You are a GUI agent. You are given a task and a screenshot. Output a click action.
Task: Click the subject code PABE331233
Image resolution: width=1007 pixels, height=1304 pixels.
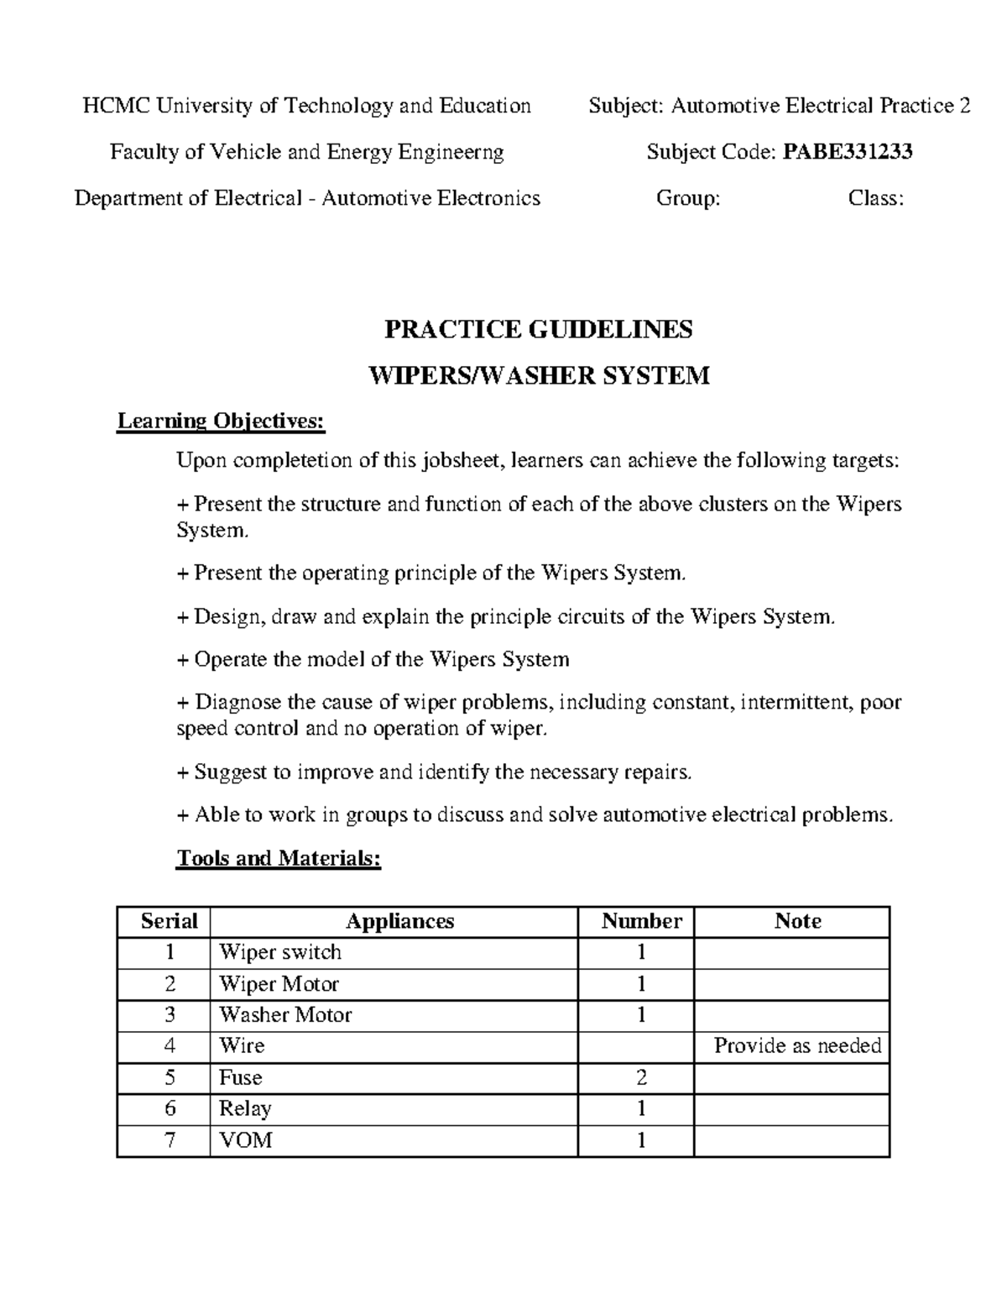(x=848, y=152)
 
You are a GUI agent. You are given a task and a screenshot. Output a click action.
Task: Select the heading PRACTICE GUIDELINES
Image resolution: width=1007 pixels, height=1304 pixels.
(x=538, y=329)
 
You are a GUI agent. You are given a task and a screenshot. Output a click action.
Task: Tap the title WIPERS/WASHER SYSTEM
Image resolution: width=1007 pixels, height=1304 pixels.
(x=540, y=375)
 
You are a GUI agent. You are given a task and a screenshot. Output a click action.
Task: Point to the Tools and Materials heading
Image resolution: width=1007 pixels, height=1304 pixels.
(x=279, y=858)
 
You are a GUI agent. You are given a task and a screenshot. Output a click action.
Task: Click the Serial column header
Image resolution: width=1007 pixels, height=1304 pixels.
(x=169, y=921)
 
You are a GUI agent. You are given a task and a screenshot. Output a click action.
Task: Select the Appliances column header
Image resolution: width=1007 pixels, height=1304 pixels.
(x=399, y=921)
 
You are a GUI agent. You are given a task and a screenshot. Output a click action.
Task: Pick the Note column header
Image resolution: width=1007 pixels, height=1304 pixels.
(x=797, y=921)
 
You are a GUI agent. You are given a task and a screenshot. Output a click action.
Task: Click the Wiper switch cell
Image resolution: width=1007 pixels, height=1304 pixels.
(x=280, y=952)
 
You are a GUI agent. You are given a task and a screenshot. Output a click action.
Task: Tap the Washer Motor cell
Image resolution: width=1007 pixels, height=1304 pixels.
(x=285, y=1014)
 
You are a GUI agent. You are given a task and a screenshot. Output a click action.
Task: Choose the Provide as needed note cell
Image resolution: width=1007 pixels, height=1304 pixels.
(x=797, y=1045)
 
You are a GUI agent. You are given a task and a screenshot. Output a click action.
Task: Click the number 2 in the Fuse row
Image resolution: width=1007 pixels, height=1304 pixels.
(x=641, y=1077)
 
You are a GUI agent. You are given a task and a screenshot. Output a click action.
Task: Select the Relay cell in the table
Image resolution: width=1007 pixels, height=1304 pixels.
(x=245, y=1108)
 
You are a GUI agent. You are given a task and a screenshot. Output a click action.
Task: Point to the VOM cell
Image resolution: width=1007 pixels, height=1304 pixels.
(x=245, y=1140)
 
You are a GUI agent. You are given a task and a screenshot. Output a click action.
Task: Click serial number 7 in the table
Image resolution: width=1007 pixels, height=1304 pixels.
(x=170, y=1140)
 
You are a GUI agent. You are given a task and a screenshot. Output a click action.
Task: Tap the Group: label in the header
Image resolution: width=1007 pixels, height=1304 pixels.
(x=687, y=198)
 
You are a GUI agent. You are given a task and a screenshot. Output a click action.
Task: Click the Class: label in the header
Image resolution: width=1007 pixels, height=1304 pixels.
(x=875, y=198)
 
